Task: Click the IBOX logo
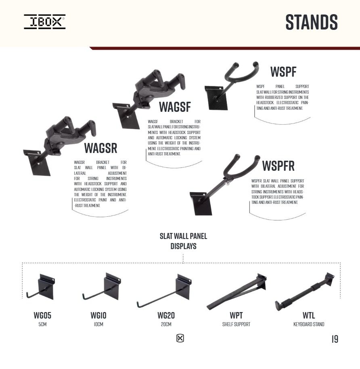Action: (x=45, y=22)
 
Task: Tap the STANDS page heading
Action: (x=312, y=22)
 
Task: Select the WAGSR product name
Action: (x=101, y=148)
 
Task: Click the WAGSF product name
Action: (x=175, y=107)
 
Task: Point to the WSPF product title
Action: (x=283, y=72)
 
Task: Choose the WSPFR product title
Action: (x=278, y=166)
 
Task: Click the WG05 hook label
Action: (x=42, y=315)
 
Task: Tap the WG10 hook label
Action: (x=98, y=315)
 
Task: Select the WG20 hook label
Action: (x=166, y=315)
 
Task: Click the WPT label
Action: (x=236, y=315)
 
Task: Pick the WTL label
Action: (x=309, y=315)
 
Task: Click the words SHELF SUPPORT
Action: (x=236, y=324)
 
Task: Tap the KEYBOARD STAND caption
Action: (x=309, y=324)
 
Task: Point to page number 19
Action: (x=335, y=339)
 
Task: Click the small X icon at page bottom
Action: (x=180, y=338)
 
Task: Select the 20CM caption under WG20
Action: (x=166, y=324)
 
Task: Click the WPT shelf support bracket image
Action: (x=237, y=292)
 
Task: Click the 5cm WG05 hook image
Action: (x=45, y=289)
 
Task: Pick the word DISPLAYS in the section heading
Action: (x=183, y=246)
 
